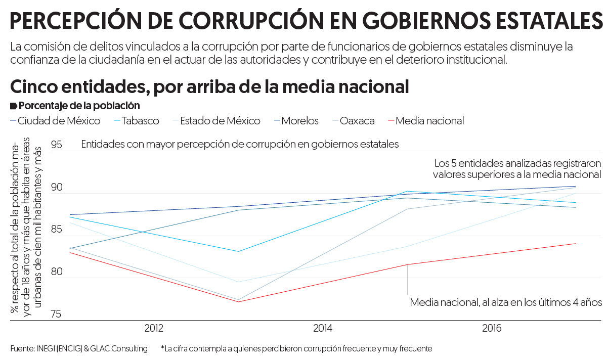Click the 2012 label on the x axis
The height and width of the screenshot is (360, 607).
pos(154,329)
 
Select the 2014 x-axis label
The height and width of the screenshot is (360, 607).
pos(323,329)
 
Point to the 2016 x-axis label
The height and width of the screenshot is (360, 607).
pos(492,329)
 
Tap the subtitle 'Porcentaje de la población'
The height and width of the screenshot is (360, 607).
pos(79,106)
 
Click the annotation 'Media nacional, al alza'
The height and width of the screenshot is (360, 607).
pos(506,302)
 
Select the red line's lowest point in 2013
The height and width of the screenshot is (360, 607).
pos(238,302)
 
